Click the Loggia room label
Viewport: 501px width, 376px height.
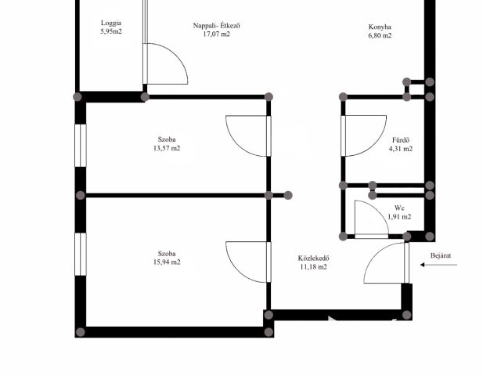111,23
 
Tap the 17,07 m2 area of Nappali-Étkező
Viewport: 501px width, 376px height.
216,34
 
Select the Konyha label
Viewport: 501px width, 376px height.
380,27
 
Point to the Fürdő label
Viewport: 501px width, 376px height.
401,140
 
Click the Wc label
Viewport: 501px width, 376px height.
399,208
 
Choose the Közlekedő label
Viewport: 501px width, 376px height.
313,258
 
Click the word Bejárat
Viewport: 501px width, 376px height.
441,255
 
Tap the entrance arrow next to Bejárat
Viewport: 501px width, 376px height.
438,265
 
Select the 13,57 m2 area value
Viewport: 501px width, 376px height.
167,148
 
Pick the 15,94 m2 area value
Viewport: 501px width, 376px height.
167,262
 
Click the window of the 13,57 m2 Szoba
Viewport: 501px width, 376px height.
81,146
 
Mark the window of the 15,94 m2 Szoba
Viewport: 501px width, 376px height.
81,254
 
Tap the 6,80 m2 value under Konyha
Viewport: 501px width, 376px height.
380,35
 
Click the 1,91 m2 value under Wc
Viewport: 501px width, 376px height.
399,217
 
